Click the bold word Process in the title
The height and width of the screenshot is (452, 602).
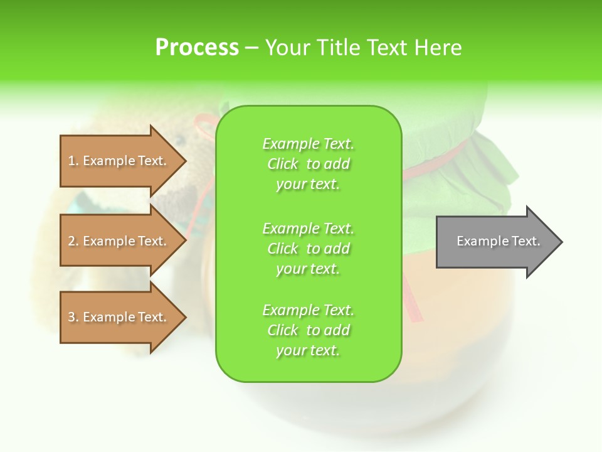point(197,48)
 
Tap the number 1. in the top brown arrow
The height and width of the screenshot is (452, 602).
point(73,161)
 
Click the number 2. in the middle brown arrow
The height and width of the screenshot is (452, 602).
point(73,241)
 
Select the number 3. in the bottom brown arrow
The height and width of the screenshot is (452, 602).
point(73,317)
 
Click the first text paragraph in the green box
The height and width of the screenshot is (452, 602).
point(308,164)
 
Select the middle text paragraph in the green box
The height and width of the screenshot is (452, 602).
point(308,249)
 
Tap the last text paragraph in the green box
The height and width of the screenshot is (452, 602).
point(308,330)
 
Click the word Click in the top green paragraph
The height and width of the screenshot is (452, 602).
point(283,164)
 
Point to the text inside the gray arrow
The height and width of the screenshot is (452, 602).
point(499,241)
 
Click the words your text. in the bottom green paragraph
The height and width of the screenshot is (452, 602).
point(308,350)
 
